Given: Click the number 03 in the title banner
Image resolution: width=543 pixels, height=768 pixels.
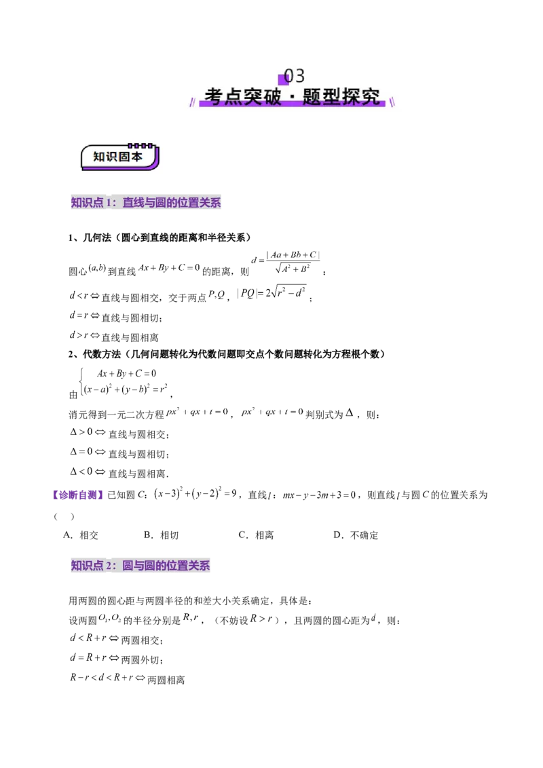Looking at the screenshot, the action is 295,75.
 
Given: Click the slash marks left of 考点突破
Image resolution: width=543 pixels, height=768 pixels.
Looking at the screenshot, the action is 193,102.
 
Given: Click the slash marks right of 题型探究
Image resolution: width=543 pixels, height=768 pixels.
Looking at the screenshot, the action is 393,102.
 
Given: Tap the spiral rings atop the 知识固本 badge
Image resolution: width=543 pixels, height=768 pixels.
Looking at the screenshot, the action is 141,145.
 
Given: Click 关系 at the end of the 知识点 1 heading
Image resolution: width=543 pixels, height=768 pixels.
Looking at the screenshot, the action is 211,203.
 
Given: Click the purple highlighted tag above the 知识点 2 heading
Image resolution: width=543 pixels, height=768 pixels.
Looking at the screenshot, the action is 77,495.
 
